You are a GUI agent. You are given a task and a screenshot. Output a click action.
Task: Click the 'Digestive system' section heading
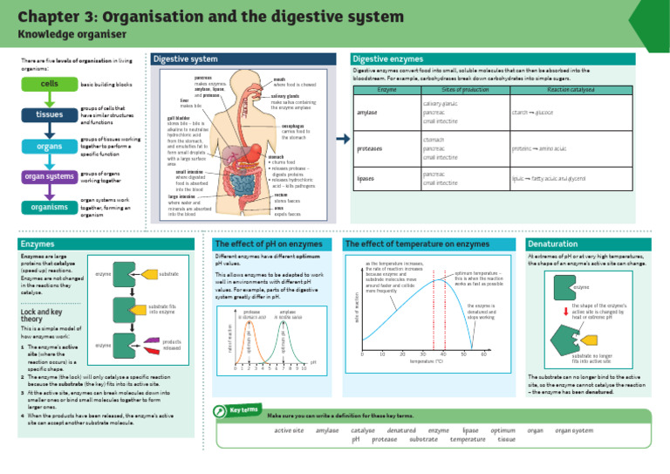186,58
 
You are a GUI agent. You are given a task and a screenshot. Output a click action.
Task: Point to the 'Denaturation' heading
557,244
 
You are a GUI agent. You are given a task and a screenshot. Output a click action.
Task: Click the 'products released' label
171,345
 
